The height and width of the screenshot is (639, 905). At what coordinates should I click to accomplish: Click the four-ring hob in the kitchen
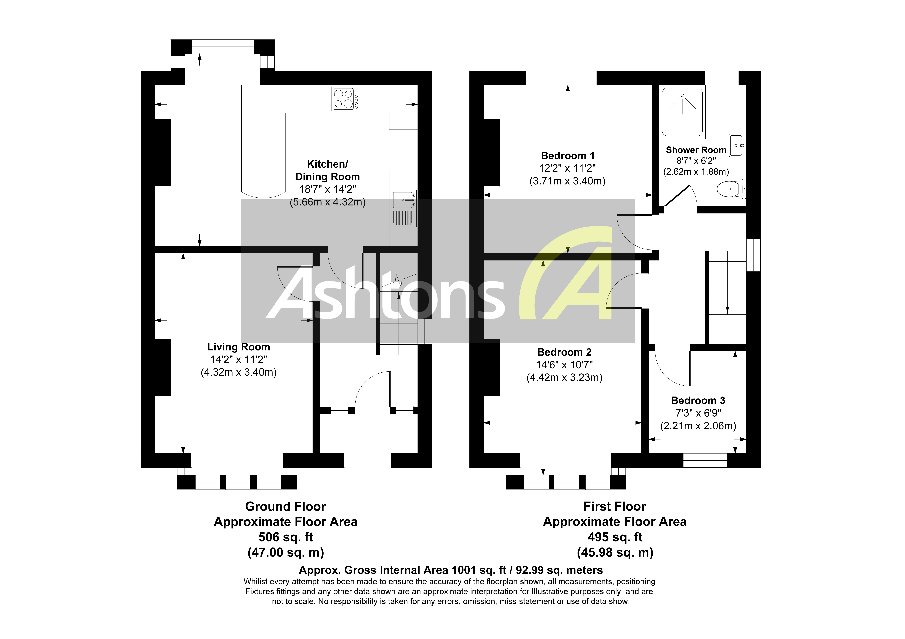click(x=345, y=99)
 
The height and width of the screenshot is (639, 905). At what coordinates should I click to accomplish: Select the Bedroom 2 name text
click(x=564, y=352)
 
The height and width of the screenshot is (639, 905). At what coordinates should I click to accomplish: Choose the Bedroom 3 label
click(x=698, y=401)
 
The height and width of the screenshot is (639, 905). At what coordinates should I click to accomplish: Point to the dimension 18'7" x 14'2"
click(x=327, y=189)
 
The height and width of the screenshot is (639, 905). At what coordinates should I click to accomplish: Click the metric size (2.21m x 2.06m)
click(x=698, y=426)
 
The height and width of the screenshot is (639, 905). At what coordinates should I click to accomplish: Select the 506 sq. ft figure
click(x=286, y=537)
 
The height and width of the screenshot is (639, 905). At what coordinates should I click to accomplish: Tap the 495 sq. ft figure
click(x=615, y=537)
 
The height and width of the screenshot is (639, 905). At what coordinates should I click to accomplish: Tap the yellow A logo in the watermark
click(x=572, y=276)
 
